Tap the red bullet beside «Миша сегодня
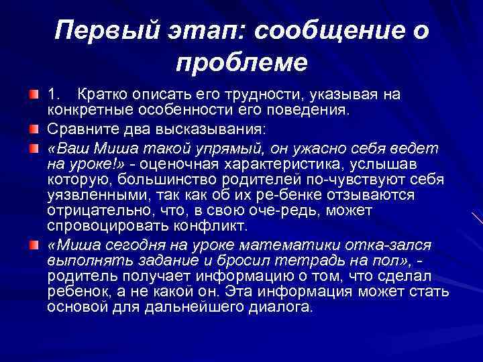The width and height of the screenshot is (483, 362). [34, 243]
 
